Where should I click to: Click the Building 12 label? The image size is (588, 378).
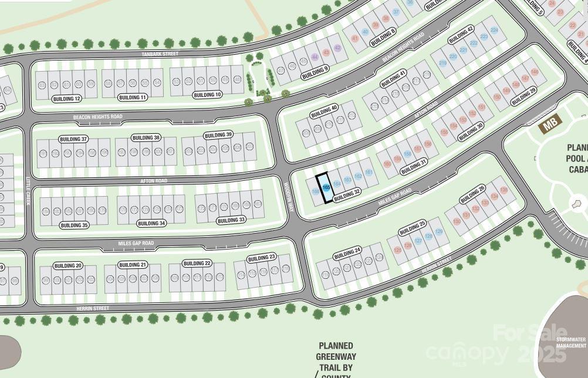[66, 99]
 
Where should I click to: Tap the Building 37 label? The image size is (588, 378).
[73, 139]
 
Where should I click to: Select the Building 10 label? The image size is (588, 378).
[208, 95]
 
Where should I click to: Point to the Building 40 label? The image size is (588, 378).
[324, 110]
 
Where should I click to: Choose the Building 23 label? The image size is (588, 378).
[262, 258]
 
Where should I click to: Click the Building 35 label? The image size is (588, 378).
[75, 225]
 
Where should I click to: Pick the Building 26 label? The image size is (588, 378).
[473, 193]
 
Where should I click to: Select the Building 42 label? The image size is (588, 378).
[461, 35]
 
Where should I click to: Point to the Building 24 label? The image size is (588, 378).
[347, 254]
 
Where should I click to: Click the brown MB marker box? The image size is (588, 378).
[550, 124]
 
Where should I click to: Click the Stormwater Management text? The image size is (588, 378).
[571, 342]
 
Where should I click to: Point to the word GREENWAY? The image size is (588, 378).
[336, 356]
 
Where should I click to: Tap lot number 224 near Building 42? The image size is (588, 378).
[494, 30]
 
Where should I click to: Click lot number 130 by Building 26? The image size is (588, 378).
[457, 221]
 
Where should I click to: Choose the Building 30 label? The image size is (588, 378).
[470, 131]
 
